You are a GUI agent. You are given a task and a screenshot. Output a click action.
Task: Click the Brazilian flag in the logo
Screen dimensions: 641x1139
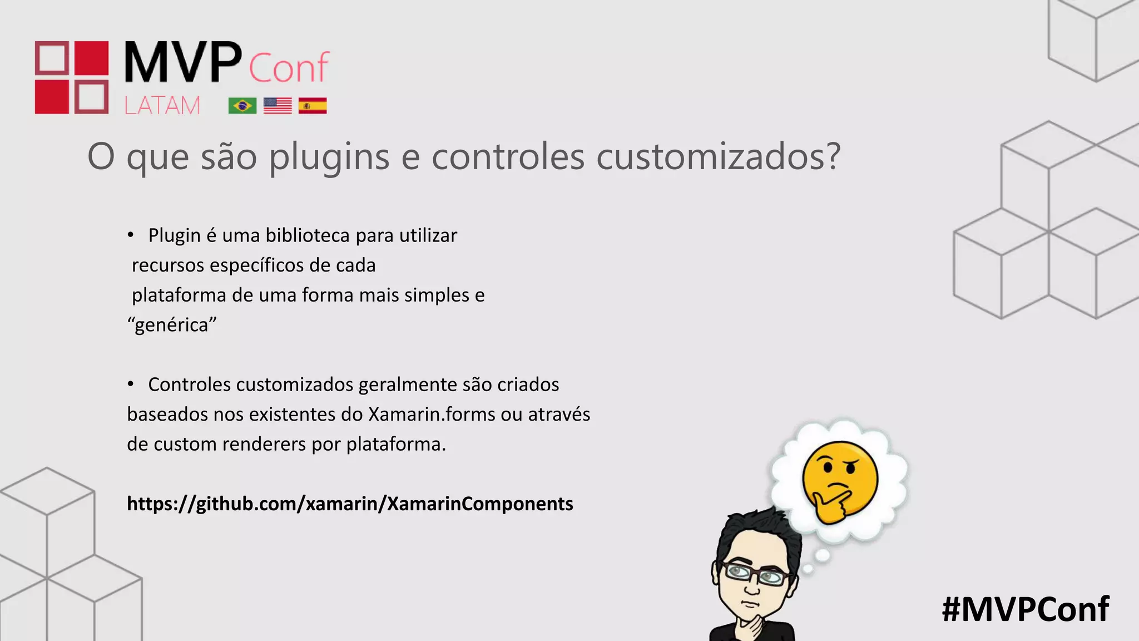(x=242, y=105)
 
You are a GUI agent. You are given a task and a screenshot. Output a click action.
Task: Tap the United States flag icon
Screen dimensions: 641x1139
(x=278, y=105)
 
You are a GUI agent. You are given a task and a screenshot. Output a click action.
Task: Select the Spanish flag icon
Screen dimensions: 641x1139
(x=313, y=105)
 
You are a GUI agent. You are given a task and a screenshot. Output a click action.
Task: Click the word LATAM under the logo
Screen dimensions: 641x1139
(x=162, y=105)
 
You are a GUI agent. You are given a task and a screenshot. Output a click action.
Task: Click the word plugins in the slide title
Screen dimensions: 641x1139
(x=329, y=157)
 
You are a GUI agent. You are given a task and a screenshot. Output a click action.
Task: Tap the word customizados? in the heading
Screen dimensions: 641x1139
(x=718, y=157)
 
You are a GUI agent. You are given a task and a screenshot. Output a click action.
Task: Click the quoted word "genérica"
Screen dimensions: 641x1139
(x=172, y=324)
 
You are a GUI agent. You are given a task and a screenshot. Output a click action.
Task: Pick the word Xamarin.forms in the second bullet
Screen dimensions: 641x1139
(x=432, y=415)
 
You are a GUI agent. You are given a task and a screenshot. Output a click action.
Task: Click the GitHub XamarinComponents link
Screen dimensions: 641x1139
(x=350, y=504)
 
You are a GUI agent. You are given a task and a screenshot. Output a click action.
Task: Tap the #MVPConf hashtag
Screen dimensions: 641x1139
(x=1025, y=609)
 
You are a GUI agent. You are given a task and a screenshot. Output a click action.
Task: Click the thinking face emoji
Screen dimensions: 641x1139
(x=839, y=481)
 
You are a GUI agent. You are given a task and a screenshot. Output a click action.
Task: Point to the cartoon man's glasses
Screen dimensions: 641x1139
(x=755, y=574)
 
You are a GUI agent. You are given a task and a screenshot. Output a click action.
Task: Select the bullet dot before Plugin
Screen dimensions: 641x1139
(x=131, y=235)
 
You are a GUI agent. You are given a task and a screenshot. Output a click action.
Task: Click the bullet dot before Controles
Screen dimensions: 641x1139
(x=131, y=384)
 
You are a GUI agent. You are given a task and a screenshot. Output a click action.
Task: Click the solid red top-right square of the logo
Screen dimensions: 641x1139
(x=91, y=58)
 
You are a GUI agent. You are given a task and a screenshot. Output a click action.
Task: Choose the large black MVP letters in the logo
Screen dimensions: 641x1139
(x=183, y=62)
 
